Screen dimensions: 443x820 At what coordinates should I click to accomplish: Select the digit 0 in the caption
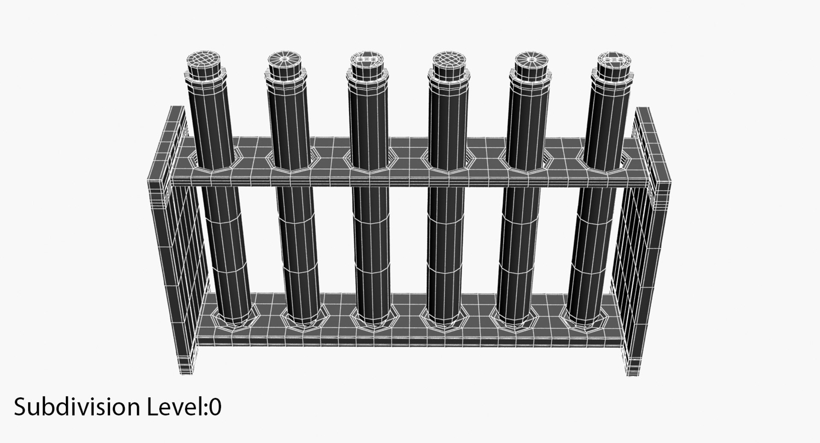(215, 407)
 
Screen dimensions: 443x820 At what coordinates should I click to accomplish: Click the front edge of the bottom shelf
(406, 341)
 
